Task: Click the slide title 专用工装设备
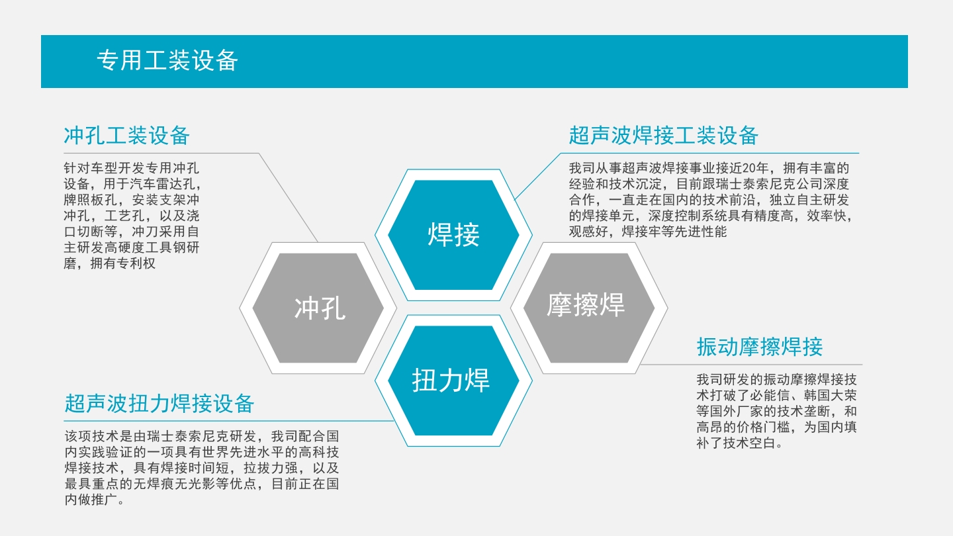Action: [167, 60]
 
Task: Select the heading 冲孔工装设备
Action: [127, 136]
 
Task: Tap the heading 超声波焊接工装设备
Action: [664, 136]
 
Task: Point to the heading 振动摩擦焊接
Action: [760, 347]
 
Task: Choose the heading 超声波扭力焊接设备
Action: [159, 403]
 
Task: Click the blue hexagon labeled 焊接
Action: [453, 235]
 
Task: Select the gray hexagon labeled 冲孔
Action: [318, 308]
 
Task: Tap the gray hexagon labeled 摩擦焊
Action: [589, 308]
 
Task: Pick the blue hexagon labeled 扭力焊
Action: [453, 380]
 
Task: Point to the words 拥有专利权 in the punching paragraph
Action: [123, 263]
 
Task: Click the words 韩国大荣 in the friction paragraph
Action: [830, 395]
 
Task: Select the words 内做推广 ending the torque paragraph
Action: [91, 500]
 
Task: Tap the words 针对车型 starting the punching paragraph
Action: [91, 168]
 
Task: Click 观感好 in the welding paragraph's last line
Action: [588, 232]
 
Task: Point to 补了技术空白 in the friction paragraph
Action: [736, 443]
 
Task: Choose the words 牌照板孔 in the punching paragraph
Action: [91, 200]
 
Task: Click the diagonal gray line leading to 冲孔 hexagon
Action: [289, 197]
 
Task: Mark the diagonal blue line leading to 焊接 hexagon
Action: [538, 176]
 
